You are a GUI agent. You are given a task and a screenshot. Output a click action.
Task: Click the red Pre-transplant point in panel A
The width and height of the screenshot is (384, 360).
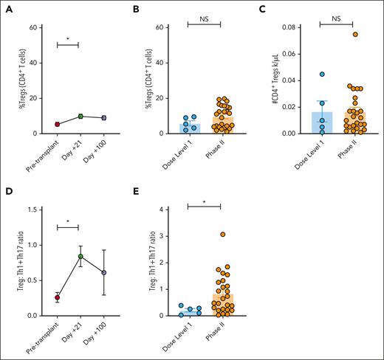tap(57, 124)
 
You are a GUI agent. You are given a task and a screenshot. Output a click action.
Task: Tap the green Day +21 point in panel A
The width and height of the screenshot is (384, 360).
tap(81, 116)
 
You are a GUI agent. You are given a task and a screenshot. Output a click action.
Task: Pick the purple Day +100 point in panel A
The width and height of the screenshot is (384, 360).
tap(104, 118)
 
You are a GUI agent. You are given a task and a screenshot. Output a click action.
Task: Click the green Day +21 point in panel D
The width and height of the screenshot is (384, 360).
tap(81, 257)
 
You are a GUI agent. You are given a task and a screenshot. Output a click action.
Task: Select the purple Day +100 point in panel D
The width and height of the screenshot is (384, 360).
tap(104, 272)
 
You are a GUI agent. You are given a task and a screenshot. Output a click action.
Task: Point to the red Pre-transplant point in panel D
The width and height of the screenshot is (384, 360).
tap(57, 297)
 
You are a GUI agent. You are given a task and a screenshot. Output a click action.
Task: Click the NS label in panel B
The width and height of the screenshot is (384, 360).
tap(205, 15)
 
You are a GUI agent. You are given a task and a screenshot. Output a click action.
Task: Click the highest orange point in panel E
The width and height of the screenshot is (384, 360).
tap(221, 234)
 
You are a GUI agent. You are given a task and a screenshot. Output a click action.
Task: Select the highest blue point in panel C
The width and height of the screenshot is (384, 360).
tap(323, 74)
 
